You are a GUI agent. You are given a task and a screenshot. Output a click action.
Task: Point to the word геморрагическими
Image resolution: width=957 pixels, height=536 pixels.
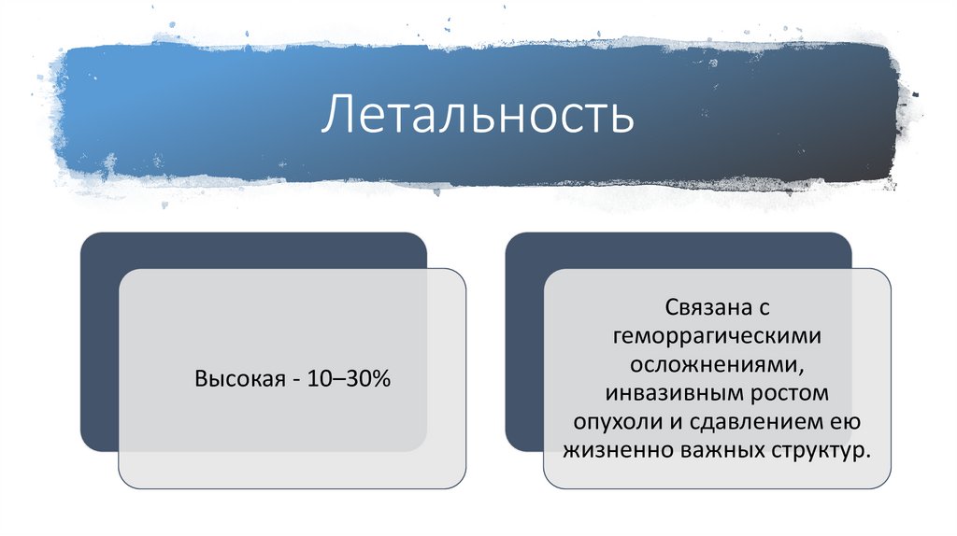[717, 334]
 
